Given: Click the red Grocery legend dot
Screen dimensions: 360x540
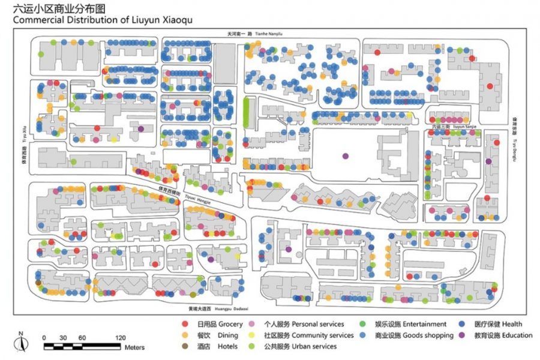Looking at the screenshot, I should point(185,325).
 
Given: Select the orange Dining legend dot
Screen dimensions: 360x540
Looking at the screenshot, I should point(185,335).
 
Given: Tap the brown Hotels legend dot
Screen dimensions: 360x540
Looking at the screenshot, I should point(185,346).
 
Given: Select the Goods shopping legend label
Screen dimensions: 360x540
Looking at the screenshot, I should point(415,335).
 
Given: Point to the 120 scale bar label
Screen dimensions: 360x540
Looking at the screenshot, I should point(120,337).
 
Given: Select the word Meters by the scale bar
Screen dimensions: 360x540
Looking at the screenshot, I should point(134,347).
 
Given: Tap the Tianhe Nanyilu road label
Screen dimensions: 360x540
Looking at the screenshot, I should point(268,34).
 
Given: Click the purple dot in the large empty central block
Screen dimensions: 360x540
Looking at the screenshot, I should point(345,156).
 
